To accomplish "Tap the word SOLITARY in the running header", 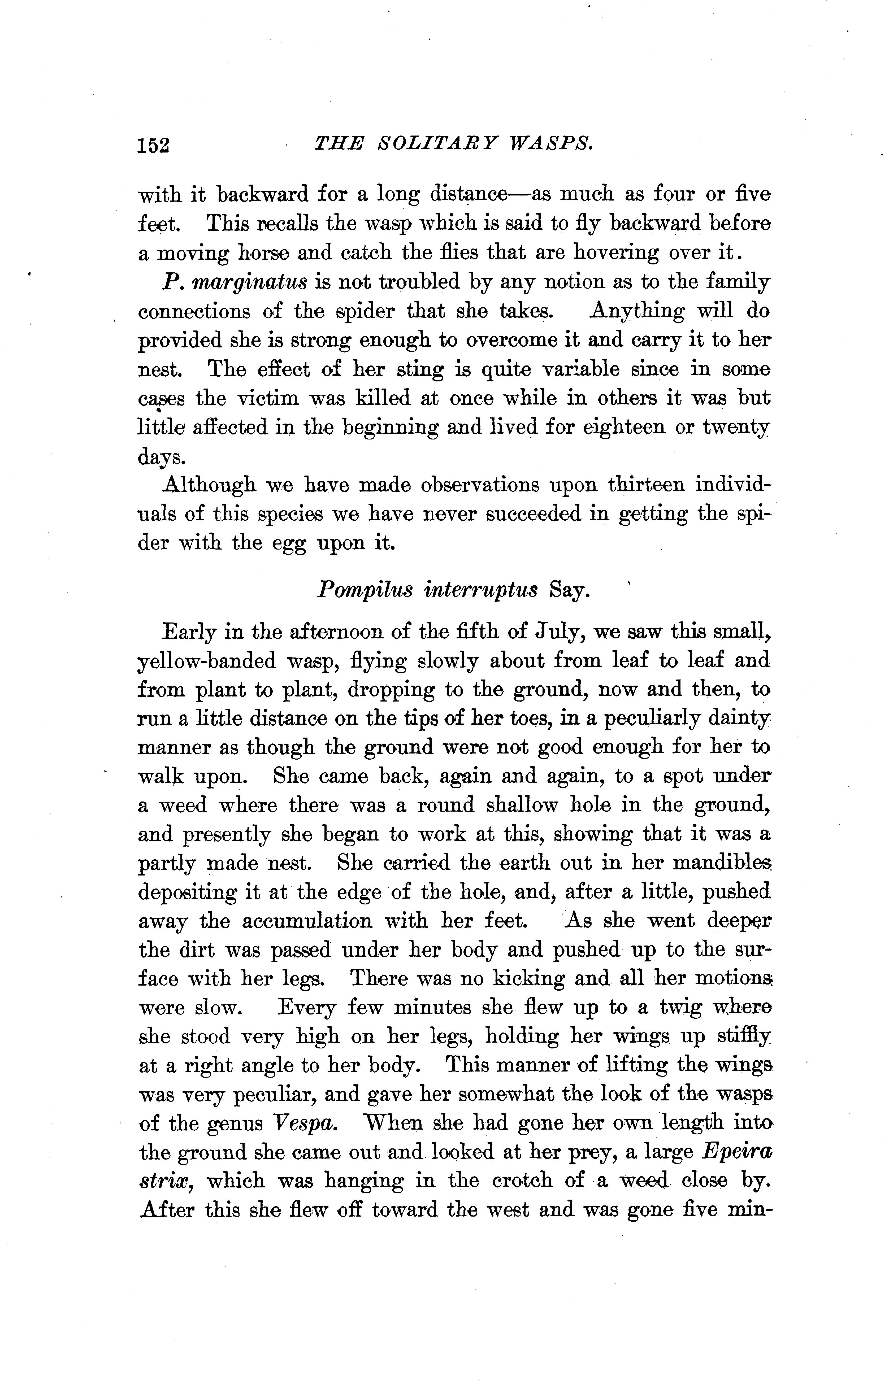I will pos(440,143).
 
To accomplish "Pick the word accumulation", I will pos(307,921).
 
